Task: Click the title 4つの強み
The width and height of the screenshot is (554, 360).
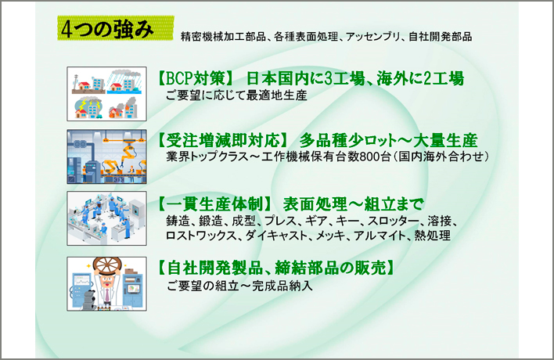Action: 107,29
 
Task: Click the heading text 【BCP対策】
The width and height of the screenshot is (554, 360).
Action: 196,78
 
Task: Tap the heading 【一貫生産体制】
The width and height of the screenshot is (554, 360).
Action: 215,203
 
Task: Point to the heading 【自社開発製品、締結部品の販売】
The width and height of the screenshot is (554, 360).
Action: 276,268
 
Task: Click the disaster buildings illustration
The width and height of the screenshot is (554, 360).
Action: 106,94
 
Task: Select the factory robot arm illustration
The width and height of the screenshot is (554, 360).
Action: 106,157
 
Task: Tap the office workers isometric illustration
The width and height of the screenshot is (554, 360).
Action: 106,218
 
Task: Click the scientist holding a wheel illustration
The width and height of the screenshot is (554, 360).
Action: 106,284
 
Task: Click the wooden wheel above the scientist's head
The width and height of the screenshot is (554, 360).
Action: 107,265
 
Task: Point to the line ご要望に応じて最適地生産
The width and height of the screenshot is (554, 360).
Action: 236,95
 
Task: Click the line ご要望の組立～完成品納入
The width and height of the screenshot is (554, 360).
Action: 239,286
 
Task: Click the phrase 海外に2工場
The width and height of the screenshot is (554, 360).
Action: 419,78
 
